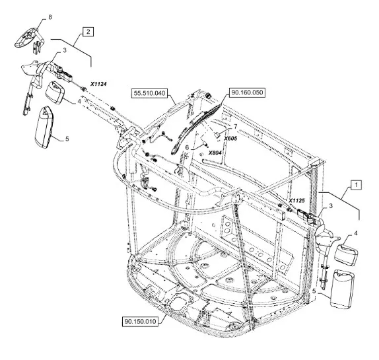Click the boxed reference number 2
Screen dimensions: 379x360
tap(88, 32)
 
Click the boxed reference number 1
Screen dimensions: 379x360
tap(356, 185)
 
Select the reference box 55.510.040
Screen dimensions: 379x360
tap(150, 93)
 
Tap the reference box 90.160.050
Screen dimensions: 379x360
tap(247, 92)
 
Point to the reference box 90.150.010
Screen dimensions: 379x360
tap(141, 322)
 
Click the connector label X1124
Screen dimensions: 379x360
tap(98, 84)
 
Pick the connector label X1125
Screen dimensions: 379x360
tap(297, 200)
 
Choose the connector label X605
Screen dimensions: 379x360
tap(230, 139)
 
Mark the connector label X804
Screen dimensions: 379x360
tap(215, 153)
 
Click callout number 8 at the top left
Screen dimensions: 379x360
tap(50, 17)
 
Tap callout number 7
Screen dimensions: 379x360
tap(236, 126)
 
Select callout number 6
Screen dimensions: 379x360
tap(187, 147)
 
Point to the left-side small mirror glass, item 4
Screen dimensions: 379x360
tap(55, 92)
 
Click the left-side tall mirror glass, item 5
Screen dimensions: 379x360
tap(44, 127)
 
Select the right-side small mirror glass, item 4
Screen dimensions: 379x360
tap(346, 255)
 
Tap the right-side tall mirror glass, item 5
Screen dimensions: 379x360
tap(342, 289)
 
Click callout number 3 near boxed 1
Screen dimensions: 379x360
tap(331, 206)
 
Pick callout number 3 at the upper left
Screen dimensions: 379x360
tap(65, 50)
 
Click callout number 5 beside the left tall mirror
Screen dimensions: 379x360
tap(67, 139)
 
